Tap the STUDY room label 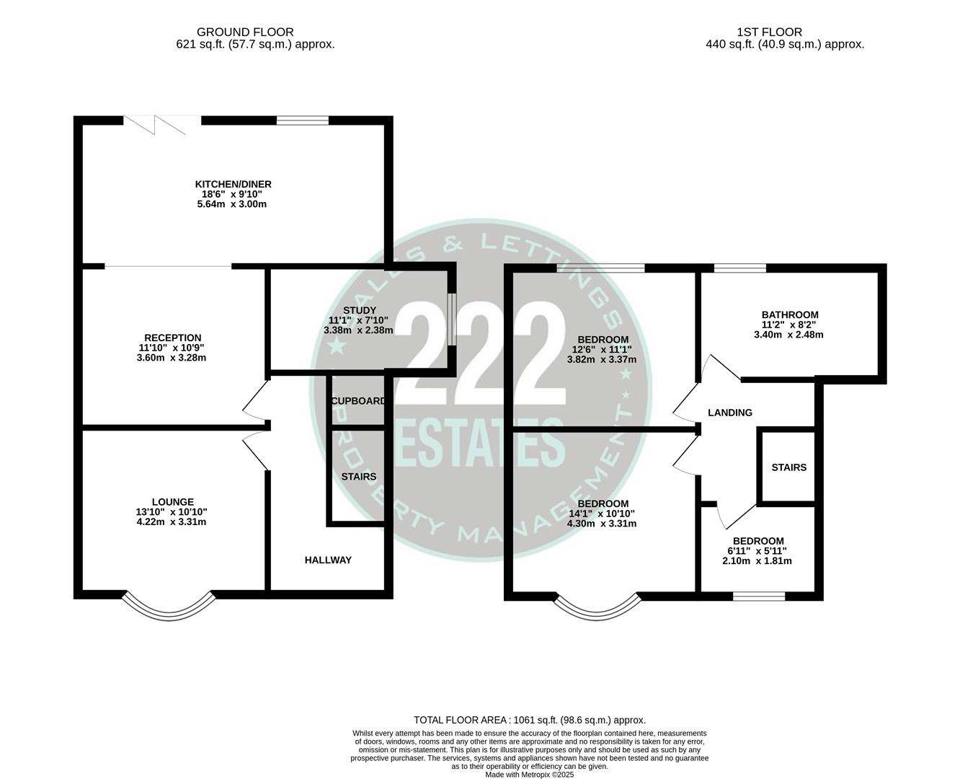359,311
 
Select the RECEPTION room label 172,338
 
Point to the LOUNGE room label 172,502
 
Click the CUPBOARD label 357,401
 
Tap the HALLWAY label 328,560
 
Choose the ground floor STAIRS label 358,477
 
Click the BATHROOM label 790,314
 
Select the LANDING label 729,413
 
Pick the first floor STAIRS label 788,467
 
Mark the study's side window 451,319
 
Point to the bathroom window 739,268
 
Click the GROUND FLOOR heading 245,32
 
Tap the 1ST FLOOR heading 769,32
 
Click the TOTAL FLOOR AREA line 530,720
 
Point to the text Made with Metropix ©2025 530,775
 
